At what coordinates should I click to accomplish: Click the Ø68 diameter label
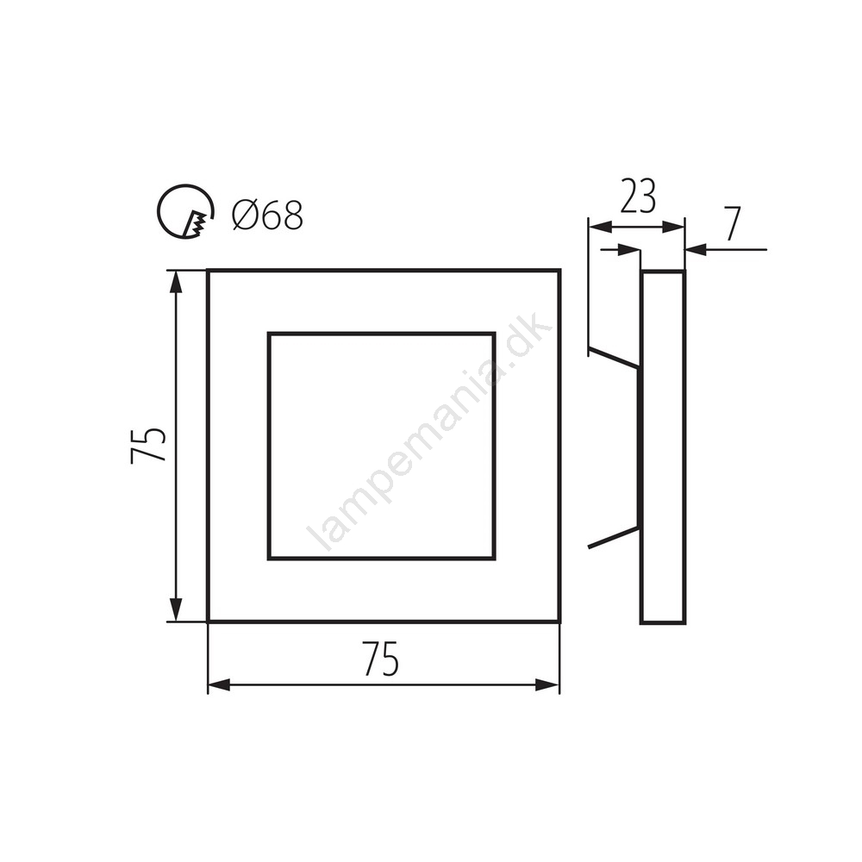[x=268, y=215]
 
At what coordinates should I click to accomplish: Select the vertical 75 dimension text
[x=148, y=446]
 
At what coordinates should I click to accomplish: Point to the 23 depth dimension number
[x=638, y=196]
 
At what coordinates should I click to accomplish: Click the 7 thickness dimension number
[x=733, y=224]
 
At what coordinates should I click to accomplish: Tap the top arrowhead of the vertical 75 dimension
[x=175, y=282]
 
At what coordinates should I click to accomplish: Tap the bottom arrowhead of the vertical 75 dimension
[x=175, y=609]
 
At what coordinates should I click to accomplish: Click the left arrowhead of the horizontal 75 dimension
[x=219, y=685]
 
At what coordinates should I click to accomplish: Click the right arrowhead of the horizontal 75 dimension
[x=547, y=685]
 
